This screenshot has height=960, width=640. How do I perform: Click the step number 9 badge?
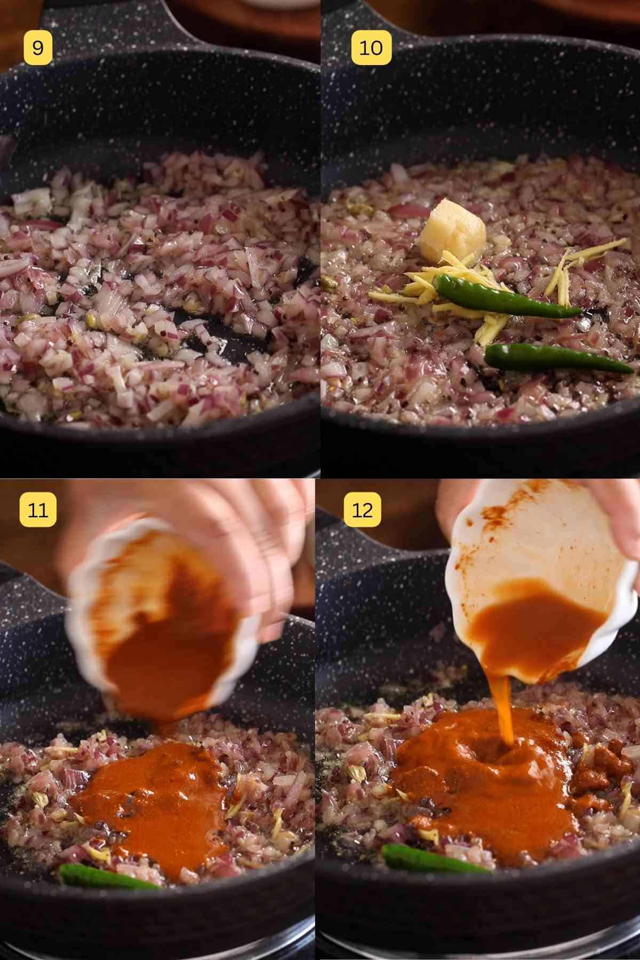pos(38,48)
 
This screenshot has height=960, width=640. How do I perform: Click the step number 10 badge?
pos(371,48)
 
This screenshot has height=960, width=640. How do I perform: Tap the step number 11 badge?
pos(38,509)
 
